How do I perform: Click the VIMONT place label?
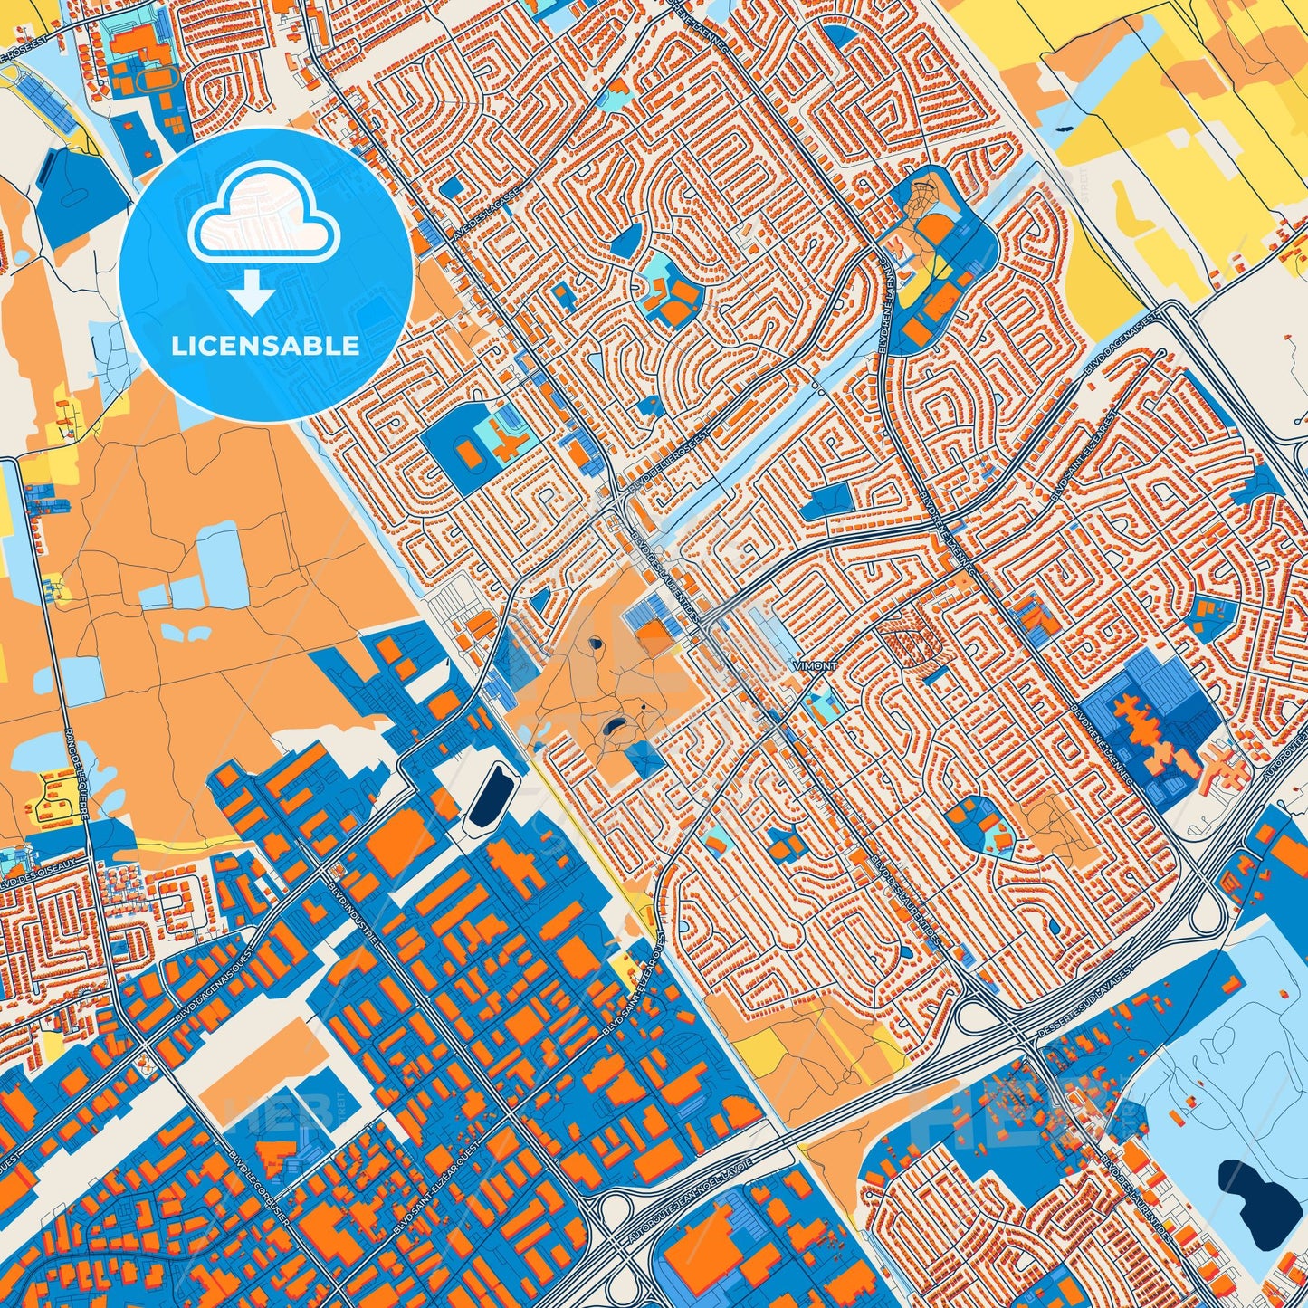pyautogui.click(x=815, y=665)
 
